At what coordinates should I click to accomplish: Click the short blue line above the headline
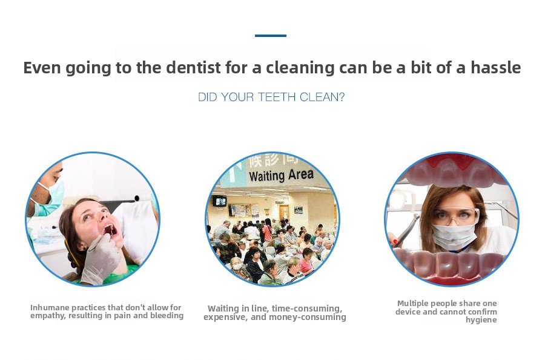271,36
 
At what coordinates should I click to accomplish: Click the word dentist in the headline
193,67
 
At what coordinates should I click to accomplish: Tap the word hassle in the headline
495,67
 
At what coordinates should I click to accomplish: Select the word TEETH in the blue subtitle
277,97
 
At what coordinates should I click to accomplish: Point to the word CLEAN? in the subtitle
322,97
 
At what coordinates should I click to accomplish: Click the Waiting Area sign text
281,175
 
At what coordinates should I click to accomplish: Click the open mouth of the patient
110,230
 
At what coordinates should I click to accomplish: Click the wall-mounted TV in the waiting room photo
220,201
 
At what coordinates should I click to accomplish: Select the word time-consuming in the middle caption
307,308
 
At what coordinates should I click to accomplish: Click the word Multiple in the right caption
413,303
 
